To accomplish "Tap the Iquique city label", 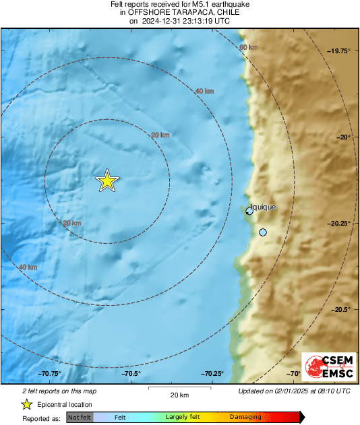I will [263, 207].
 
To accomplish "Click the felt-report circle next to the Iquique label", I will [249, 211].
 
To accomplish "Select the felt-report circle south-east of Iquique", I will [263, 232].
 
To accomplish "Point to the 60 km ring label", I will [248, 47].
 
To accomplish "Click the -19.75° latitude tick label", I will [339, 51].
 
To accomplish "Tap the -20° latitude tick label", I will [345, 137].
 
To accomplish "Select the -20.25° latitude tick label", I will [339, 223].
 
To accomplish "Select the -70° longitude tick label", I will [294, 373].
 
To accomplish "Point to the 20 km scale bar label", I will [179, 395].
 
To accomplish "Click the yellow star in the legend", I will [26, 404].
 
